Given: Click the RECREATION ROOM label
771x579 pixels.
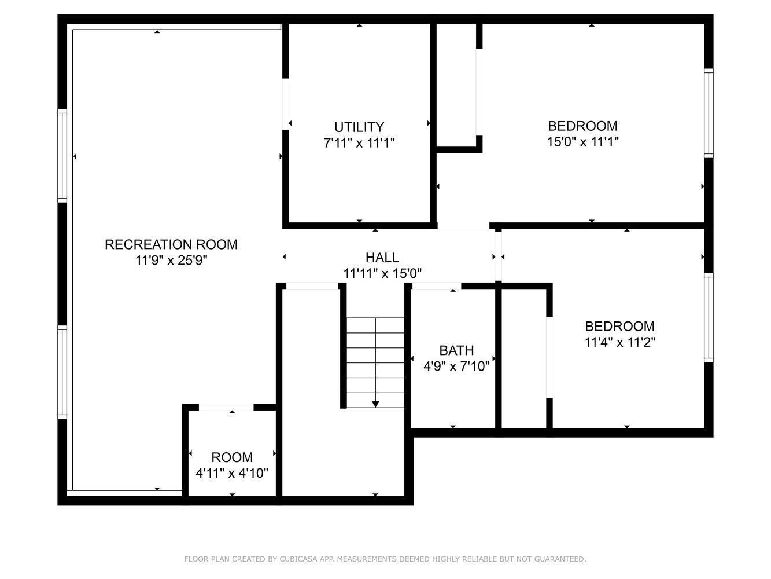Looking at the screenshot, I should pos(171,244).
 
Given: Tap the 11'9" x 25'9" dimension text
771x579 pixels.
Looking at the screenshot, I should pos(171,261).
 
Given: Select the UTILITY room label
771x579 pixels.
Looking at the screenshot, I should pos(359,127).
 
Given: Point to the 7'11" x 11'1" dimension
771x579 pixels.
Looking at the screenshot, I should pos(359,142).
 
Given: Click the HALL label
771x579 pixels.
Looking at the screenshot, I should pos(382,258).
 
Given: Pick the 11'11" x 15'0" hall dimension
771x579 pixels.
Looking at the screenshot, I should pos(382,273).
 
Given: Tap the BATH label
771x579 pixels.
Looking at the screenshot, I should pos(456,350).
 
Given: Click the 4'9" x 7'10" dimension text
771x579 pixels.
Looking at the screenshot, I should pos(456,366).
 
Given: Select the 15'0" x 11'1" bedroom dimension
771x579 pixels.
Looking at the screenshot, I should pos(582,141).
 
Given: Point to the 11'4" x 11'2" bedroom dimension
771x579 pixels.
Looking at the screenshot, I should pos(619,342).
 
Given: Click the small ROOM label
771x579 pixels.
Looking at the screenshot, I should pos(231,457).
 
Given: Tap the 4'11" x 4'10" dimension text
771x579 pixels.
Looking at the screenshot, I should pos(231,474).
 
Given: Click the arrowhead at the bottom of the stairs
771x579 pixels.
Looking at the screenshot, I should pos(375,404).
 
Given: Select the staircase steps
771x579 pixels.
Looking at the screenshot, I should pos(375,362).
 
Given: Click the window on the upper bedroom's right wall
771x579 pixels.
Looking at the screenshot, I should pos(708,113).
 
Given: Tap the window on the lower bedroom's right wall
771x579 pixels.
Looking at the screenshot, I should pos(708,317).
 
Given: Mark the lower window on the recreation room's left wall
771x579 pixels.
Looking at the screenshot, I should pos(62,372).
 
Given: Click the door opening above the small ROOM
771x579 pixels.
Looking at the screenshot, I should pos(226,407).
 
